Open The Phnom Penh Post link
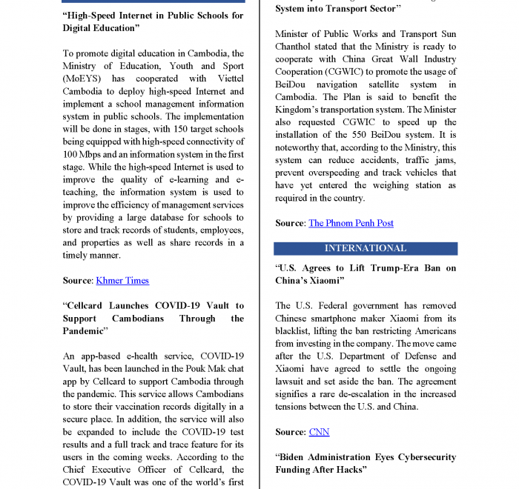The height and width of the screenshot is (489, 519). [351, 223]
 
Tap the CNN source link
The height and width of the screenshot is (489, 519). [319, 432]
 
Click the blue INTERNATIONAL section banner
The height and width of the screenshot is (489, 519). [365, 248]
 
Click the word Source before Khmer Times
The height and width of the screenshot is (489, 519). [77, 281]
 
